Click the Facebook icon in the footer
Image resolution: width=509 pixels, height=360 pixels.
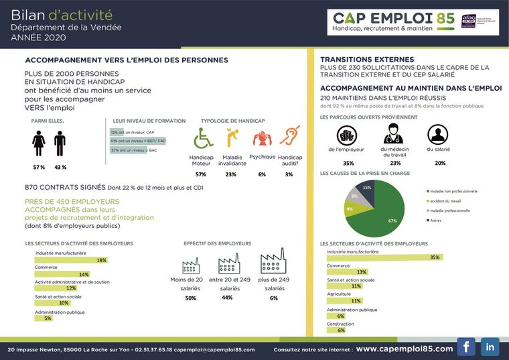tap(465, 347)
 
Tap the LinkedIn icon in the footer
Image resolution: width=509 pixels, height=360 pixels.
tap(490, 347)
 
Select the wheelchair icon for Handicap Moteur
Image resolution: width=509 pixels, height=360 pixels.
tap(202, 138)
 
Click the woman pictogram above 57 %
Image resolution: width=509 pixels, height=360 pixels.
tap(40, 143)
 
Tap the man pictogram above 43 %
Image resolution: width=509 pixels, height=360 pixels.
tap(60, 143)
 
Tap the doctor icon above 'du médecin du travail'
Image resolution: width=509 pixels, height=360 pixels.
tap(394, 133)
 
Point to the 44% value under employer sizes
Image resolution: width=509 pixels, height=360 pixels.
tap(227, 298)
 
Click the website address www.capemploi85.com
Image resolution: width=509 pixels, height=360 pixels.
tap(404, 349)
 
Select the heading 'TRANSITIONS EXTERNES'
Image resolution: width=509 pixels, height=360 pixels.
tap(367, 60)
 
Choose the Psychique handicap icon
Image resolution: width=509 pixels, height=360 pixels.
tap(261, 138)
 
